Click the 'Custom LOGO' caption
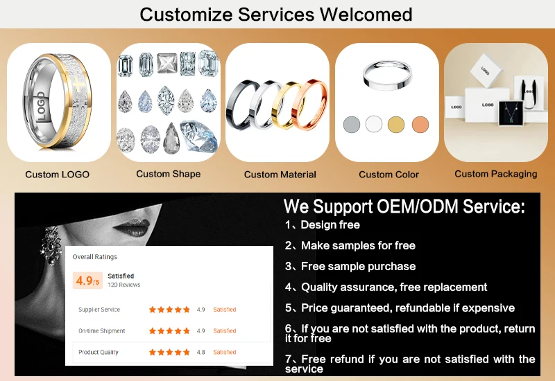point(57,175)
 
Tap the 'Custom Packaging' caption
point(495,174)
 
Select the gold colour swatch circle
point(396,125)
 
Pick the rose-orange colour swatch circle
point(420,125)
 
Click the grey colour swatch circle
point(352,125)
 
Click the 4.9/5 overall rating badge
point(87,281)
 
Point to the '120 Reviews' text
point(124,285)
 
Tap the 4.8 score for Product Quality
point(200,352)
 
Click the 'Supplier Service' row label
point(99,310)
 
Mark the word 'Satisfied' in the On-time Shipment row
point(224,331)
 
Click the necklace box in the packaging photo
point(513,113)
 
